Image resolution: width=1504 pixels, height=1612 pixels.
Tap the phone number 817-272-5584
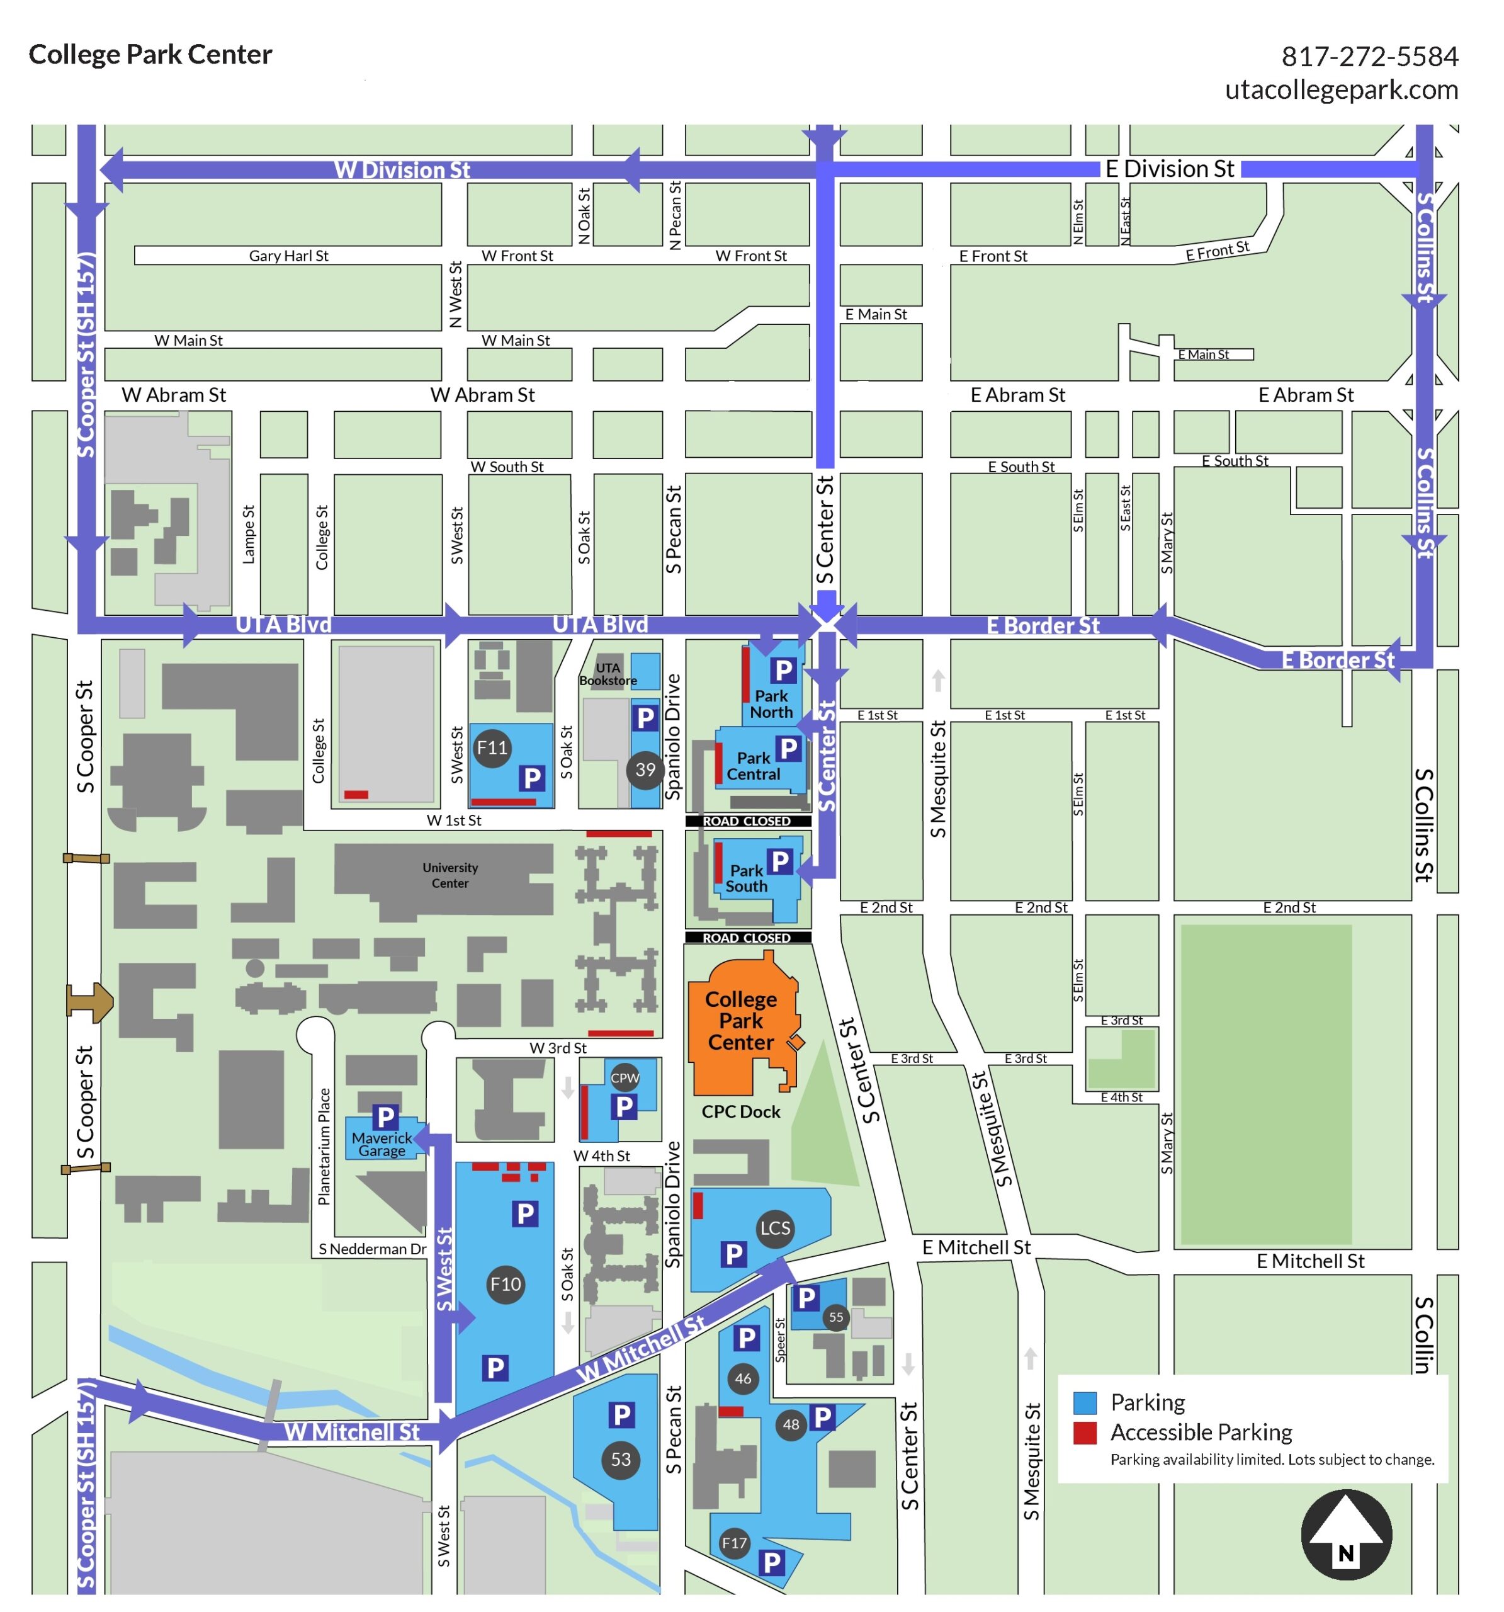(x=1369, y=56)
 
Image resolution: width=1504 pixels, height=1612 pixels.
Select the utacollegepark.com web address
(x=1341, y=89)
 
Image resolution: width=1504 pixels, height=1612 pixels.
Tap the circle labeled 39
(x=645, y=769)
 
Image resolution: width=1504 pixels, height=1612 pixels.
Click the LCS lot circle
(x=774, y=1228)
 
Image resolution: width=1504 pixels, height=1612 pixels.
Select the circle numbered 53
(x=620, y=1460)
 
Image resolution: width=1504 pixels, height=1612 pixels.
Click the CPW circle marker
(x=625, y=1077)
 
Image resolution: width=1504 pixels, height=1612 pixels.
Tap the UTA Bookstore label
(x=608, y=674)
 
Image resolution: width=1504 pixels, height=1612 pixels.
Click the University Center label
(x=450, y=875)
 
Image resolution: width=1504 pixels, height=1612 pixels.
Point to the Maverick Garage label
(x=382, y=1144)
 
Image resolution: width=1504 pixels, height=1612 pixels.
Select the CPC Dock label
(x=740, y=1111)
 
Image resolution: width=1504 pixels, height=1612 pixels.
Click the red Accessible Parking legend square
(x=1084, y=1433)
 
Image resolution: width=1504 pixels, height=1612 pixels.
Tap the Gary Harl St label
(x=288, y=256)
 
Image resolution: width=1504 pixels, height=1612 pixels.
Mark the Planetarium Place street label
(x=324, y=1147)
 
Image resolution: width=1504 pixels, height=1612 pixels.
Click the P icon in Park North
(x=783, y=671)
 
